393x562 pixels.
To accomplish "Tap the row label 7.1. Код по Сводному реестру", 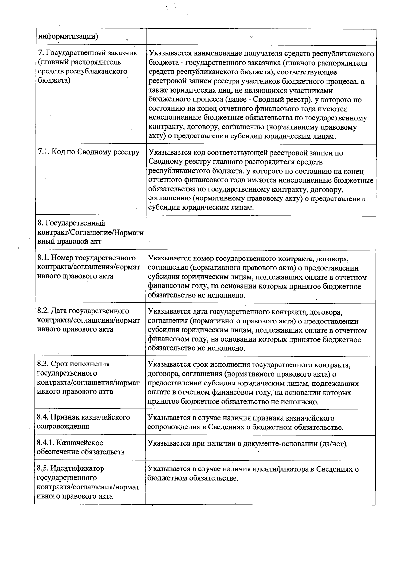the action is [89, 152].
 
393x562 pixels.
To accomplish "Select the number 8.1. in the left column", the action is [43, 258].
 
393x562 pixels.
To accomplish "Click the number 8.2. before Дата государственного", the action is [43, 311].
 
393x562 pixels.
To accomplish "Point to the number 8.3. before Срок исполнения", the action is [43, 364].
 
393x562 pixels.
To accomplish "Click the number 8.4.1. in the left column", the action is [46, 443].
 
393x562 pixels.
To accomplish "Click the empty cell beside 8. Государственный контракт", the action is [260, 233].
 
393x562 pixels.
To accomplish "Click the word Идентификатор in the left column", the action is [77, 468].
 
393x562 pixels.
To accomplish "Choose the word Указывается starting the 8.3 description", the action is [169, 365].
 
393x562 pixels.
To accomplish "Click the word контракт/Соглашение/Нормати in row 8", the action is [90, 233].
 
